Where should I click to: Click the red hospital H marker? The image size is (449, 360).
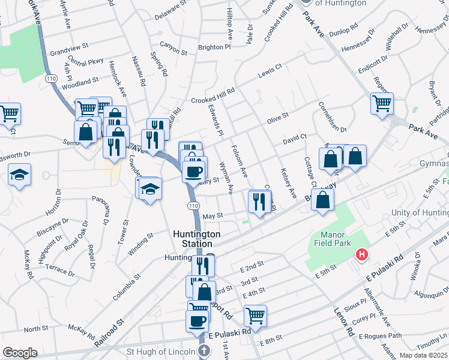(361, 255)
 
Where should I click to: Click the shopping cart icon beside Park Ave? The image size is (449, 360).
(382, 103)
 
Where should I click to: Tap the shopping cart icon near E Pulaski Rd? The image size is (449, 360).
(255, 314)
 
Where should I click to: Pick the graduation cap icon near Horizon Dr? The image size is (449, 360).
(20, 175)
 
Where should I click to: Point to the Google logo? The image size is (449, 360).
(20, 353)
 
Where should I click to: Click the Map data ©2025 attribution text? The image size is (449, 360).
(424, 355)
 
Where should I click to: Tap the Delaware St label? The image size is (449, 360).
(167, 10)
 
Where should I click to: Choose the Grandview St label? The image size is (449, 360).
(69, 46)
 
